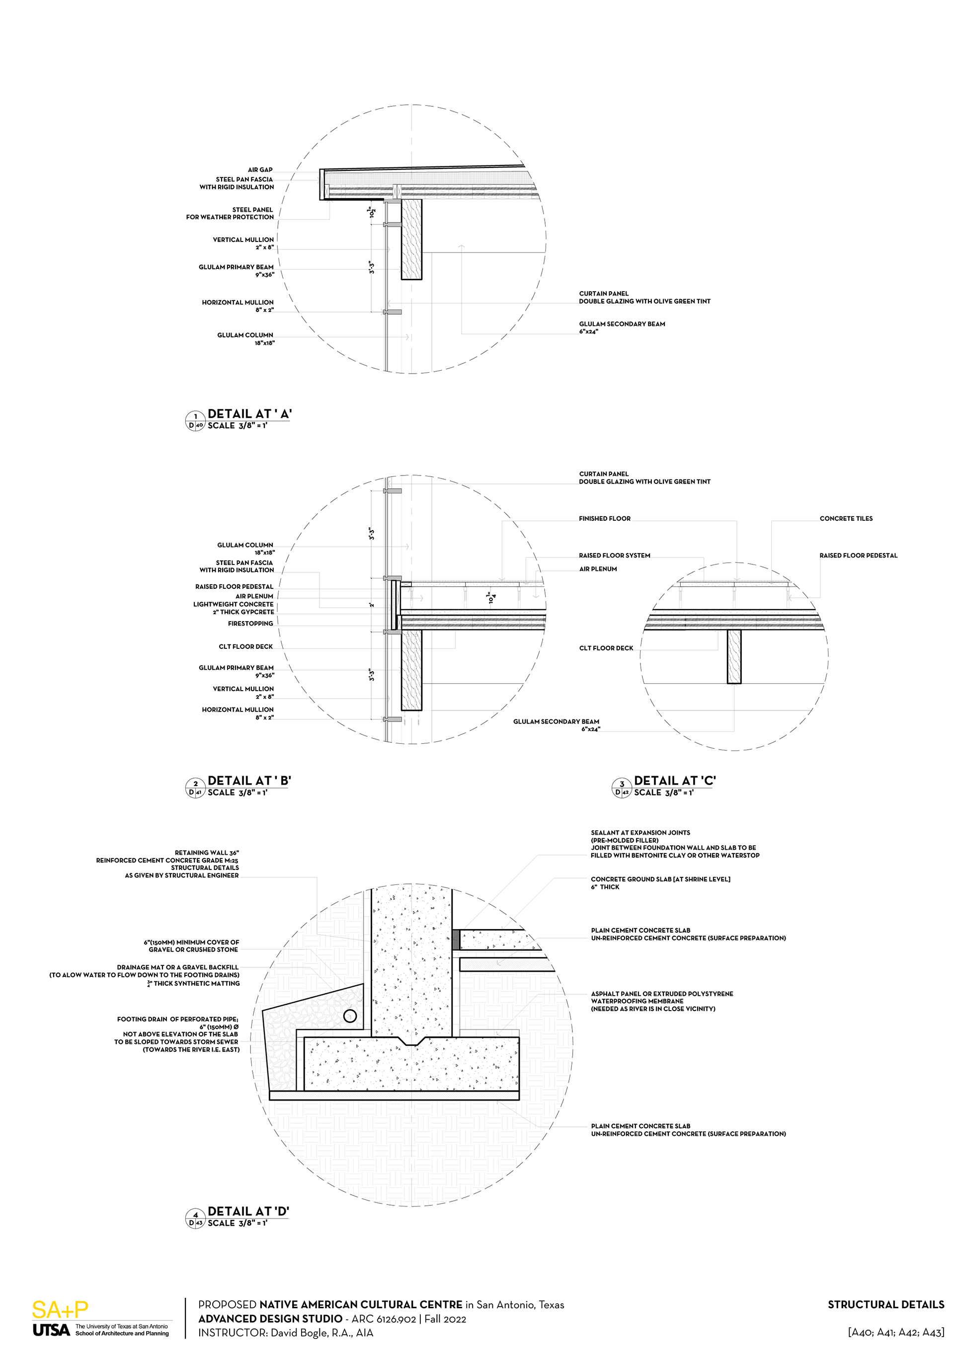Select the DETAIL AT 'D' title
[x=248, y=1211]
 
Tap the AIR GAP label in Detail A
[x=260, y=170]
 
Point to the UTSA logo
[x=51, y=1330]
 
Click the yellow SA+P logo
[x=60, y=1310]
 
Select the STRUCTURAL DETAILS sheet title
[x=885, y=1304]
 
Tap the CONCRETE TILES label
[x=846, y=518]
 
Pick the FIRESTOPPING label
[x=250, y=624]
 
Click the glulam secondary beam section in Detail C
[x=734, y=657]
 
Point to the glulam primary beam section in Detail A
[x=412, y=239]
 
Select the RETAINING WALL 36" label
[x=207, y=853]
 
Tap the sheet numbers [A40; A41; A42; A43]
[x=895, y=1332]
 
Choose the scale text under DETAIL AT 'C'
[x=664, y=793]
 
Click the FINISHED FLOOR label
[x=605, y=518]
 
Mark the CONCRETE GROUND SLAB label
[x=660, y=879]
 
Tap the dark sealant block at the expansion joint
[x=455, y=939]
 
